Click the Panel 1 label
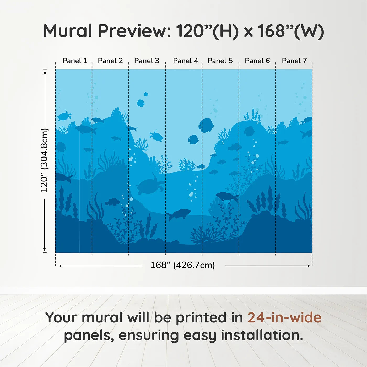point(75,61)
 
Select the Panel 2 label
point(110,61)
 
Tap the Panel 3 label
point(147,61)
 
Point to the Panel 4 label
point(185,61)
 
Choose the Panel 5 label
point(220,61)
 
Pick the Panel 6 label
point(257,61)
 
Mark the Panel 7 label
point(294,61)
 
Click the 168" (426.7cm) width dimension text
point(182,265)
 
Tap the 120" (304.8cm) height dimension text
point(44,160)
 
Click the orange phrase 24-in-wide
point(284,318)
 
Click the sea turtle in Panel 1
point(64,116)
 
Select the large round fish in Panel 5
point(206,125)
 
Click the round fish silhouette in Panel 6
point(249,131)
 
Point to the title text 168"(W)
point(291,31)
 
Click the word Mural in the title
point(67,31)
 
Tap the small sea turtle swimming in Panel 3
point(156,136)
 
